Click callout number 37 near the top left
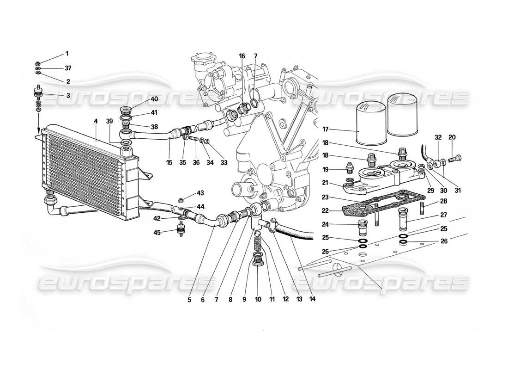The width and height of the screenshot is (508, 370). pyautogui.click(x=68, y=68)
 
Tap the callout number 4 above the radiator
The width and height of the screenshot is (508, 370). pyautogui.click(x=96, y=122)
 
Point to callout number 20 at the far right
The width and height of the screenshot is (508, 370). pyautogui.click(x=452, y=137)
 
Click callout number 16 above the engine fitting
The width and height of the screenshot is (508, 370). pyautogui.click(x=242, y=56)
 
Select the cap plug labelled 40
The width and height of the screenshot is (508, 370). pyautogui.click(x=125, y=110)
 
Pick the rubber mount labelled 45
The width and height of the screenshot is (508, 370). pyautogui.click(x=180, y=230)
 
